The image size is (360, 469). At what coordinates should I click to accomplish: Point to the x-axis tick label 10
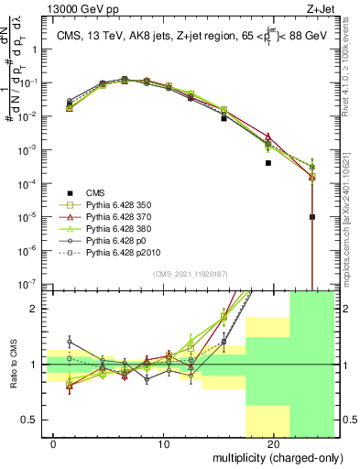pos(164,443)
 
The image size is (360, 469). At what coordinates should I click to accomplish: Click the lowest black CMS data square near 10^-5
pos(312,217)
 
